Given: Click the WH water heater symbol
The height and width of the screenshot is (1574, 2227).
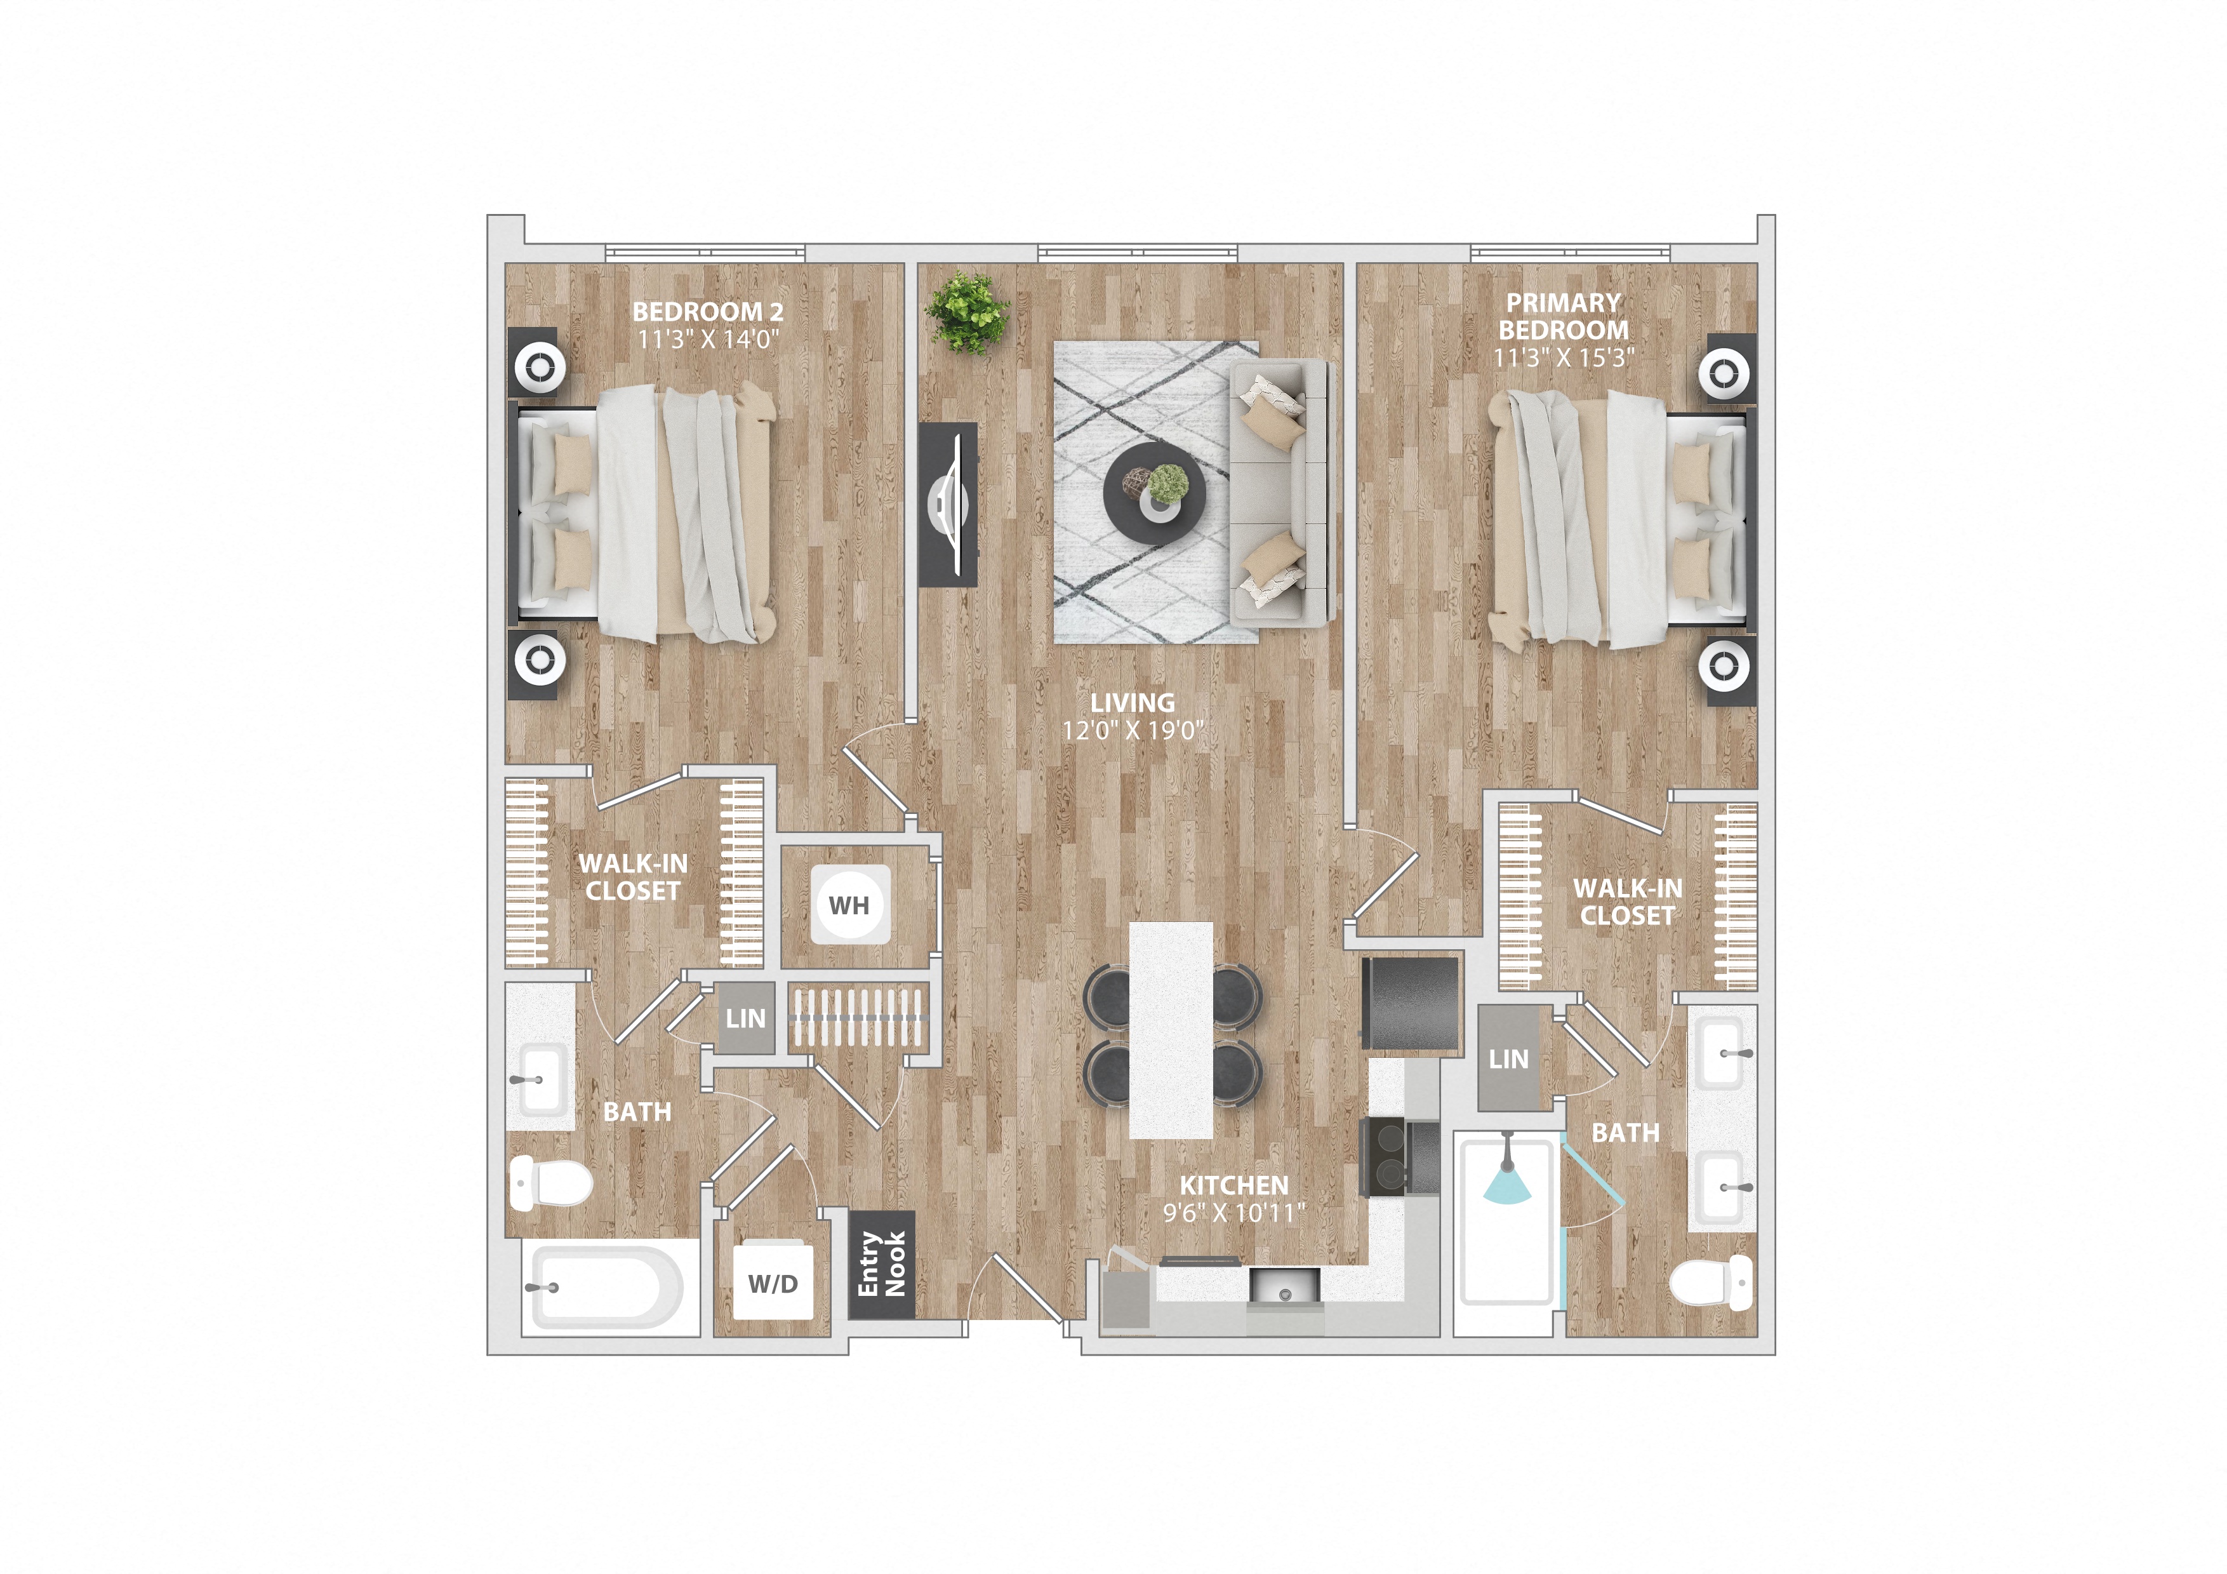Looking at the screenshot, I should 849,905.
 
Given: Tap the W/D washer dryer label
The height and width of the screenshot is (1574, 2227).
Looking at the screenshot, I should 773,1284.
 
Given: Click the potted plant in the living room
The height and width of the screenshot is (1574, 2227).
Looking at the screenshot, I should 967,312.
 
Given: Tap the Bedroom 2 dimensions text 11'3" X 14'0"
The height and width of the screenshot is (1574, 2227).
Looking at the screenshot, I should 708,340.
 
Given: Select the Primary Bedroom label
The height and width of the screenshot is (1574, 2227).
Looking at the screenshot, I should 1564,316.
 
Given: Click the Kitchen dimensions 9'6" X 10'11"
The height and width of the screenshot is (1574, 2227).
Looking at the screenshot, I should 1233,1212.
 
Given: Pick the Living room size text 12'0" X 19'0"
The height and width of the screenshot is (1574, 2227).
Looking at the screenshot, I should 1132,730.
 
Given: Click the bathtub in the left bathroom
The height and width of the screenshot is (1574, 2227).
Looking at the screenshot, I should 606,1288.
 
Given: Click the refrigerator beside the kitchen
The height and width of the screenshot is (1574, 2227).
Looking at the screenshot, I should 1411,1004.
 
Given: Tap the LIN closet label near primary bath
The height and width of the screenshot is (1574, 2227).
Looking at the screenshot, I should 1508,1059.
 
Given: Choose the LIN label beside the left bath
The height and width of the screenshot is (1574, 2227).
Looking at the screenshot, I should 745,1018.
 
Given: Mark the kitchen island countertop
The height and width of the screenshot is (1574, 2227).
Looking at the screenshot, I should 1171,1030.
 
